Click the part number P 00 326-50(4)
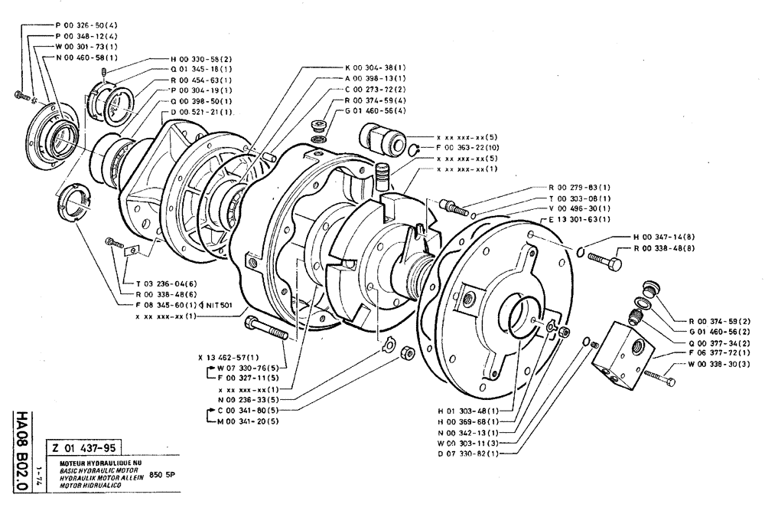pyautogui.click(x=86, y=25)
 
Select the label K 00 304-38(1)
pyautogui.click(x=375, y=67)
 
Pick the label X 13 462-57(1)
pyautogui.click(x=228, y=357)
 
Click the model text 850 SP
pyautogui.click(x=165, y=473)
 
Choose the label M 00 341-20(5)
pyautogui.click(x=248, y=421)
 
